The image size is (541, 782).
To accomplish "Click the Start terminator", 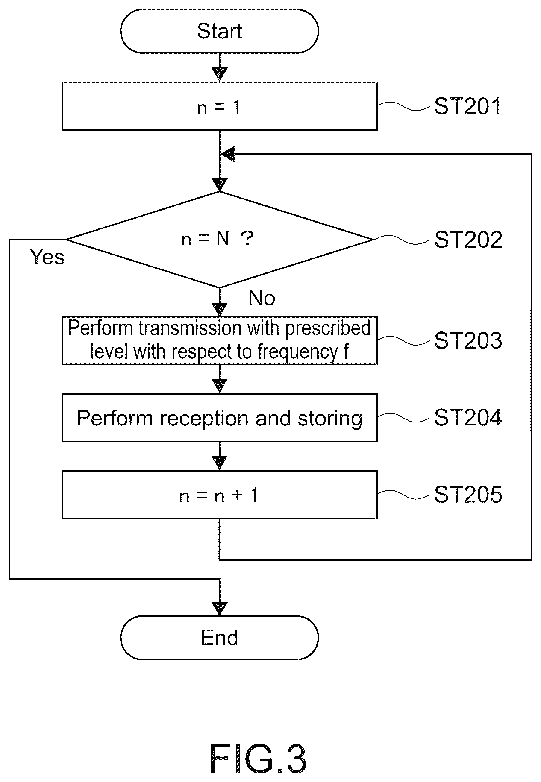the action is point(219,31).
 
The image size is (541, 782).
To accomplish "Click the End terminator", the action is point(219,638).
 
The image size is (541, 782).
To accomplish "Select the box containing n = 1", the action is point(219,106).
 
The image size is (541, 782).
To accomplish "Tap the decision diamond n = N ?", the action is point(220,240).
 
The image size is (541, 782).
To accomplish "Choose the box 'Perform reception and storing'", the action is point(219,418).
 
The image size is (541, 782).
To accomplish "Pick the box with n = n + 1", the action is point(219,495).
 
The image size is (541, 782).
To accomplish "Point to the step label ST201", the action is point(467,106).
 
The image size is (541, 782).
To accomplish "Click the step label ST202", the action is point(468,240).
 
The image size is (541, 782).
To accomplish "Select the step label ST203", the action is point(468,341).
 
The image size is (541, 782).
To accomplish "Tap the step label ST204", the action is point(468,418).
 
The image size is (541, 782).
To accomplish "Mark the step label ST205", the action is point(468,495).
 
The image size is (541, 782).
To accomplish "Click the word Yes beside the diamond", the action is point(47,257).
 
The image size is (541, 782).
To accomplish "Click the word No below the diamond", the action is point(262,298).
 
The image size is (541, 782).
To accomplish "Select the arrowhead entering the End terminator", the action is point(220,609).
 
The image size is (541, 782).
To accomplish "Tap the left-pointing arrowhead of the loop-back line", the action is point(228,154).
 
